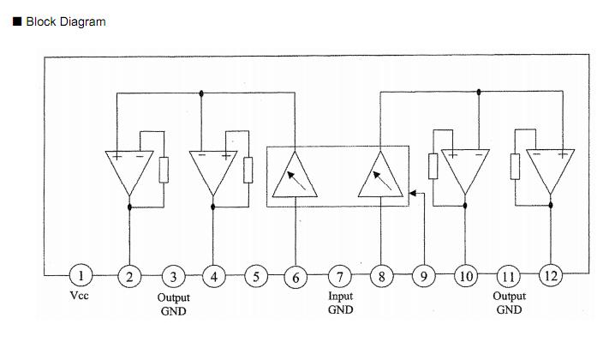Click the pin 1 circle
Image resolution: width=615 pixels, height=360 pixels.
coord(81,276)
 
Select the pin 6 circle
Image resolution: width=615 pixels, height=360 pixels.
coord(296,276)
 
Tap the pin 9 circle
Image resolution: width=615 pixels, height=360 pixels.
coord(423,276)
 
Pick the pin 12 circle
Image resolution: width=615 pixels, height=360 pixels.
coord(549,276)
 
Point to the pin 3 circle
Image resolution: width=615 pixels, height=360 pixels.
coord(173,276)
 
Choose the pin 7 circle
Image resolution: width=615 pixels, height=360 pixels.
coord(340,276)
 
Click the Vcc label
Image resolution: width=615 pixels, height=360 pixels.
coord(80,296)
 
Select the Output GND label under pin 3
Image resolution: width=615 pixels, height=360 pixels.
coord(173,304)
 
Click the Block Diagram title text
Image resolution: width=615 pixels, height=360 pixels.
coord(66,21)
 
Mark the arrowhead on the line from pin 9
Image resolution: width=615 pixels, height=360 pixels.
coord(414,193)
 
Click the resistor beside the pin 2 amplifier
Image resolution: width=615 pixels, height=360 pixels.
coord(164,170)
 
